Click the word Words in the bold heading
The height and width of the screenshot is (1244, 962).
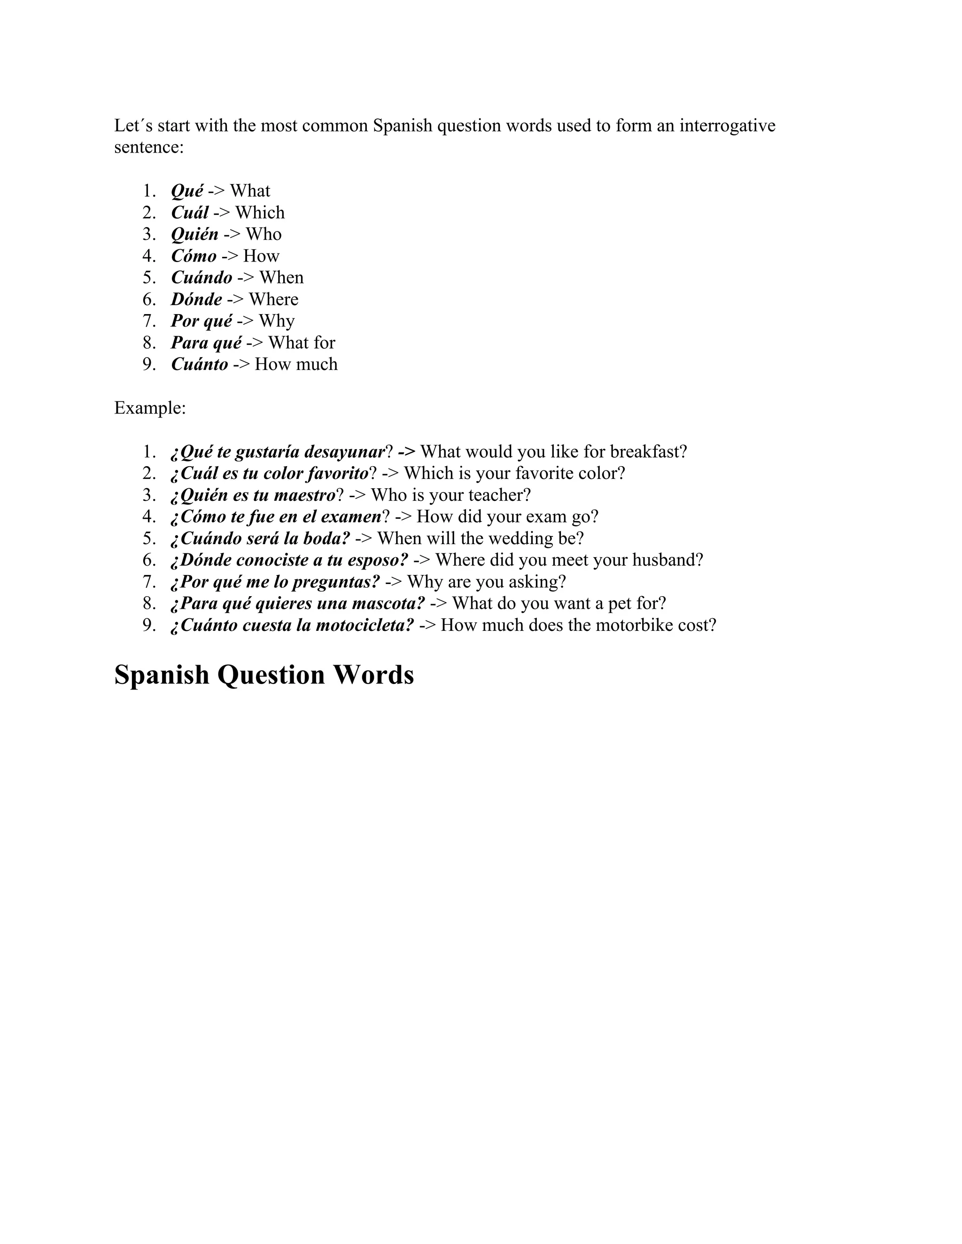pos(373,675)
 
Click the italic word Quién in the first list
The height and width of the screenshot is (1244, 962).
pos(194,234)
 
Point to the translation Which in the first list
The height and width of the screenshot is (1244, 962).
pos(260,213)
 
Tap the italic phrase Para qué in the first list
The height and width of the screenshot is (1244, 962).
pos(206,342)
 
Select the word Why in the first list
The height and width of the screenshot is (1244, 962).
pos(276,321)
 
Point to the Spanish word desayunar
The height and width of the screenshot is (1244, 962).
pos(345,452)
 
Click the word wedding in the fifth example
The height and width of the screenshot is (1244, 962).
pos(509,538)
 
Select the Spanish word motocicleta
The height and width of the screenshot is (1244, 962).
pos(363,625)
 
